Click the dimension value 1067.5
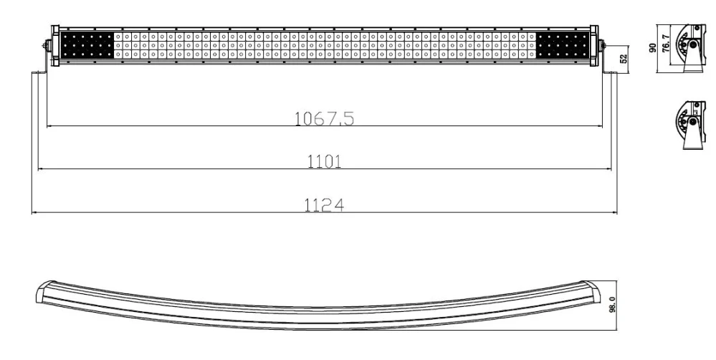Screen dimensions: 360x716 coord(325,118)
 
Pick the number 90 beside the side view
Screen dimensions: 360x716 coord(652,47)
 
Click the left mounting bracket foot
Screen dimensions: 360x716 coord(41,70)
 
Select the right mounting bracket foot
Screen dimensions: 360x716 coord(609,70)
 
